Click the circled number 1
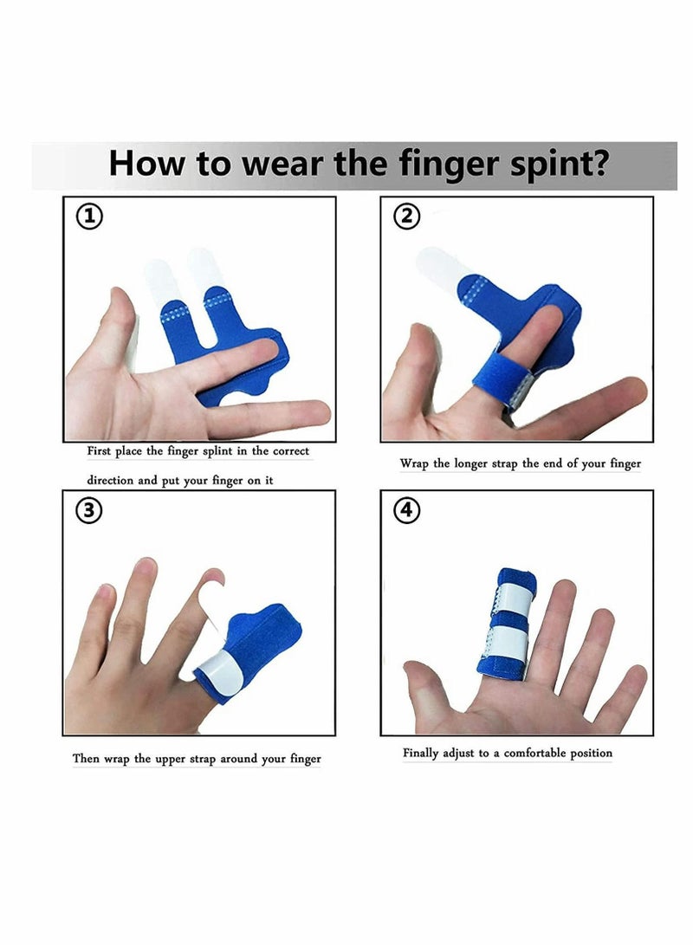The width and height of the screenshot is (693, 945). click(x=89, y=217)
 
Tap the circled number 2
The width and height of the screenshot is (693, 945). click(x=406, y=217)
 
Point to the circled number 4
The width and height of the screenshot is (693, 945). click(x=406, y=511)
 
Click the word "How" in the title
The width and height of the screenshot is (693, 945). click(x=145, y=163)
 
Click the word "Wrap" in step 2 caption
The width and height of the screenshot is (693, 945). click(x=414, y=463)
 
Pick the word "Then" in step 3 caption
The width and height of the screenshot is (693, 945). click(x=86, y=759)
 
